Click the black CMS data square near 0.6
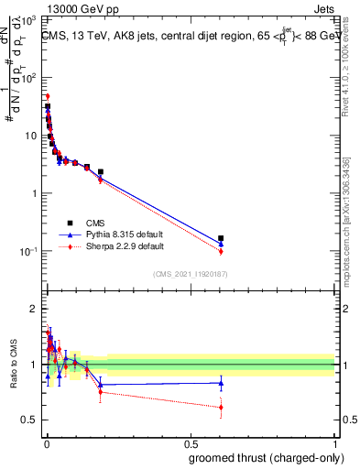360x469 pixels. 221,238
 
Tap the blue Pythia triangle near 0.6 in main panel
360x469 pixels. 221,244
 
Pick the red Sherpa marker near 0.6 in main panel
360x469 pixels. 221,251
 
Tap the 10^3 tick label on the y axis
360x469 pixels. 28,19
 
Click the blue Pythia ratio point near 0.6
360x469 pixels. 221,383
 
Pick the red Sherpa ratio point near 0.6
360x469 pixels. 221,407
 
